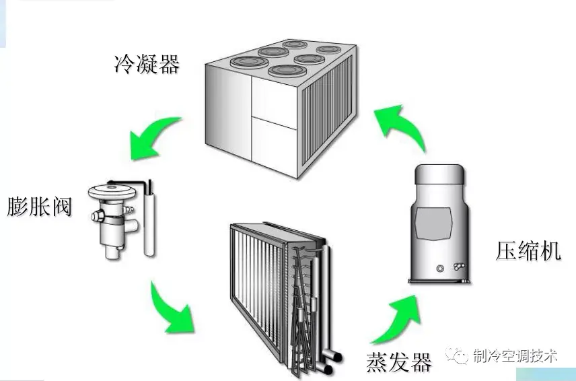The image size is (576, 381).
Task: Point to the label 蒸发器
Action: pyautogui.click(x=398, y=361)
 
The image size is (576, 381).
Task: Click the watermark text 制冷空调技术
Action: pyautogui.click(x=515, y=356)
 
